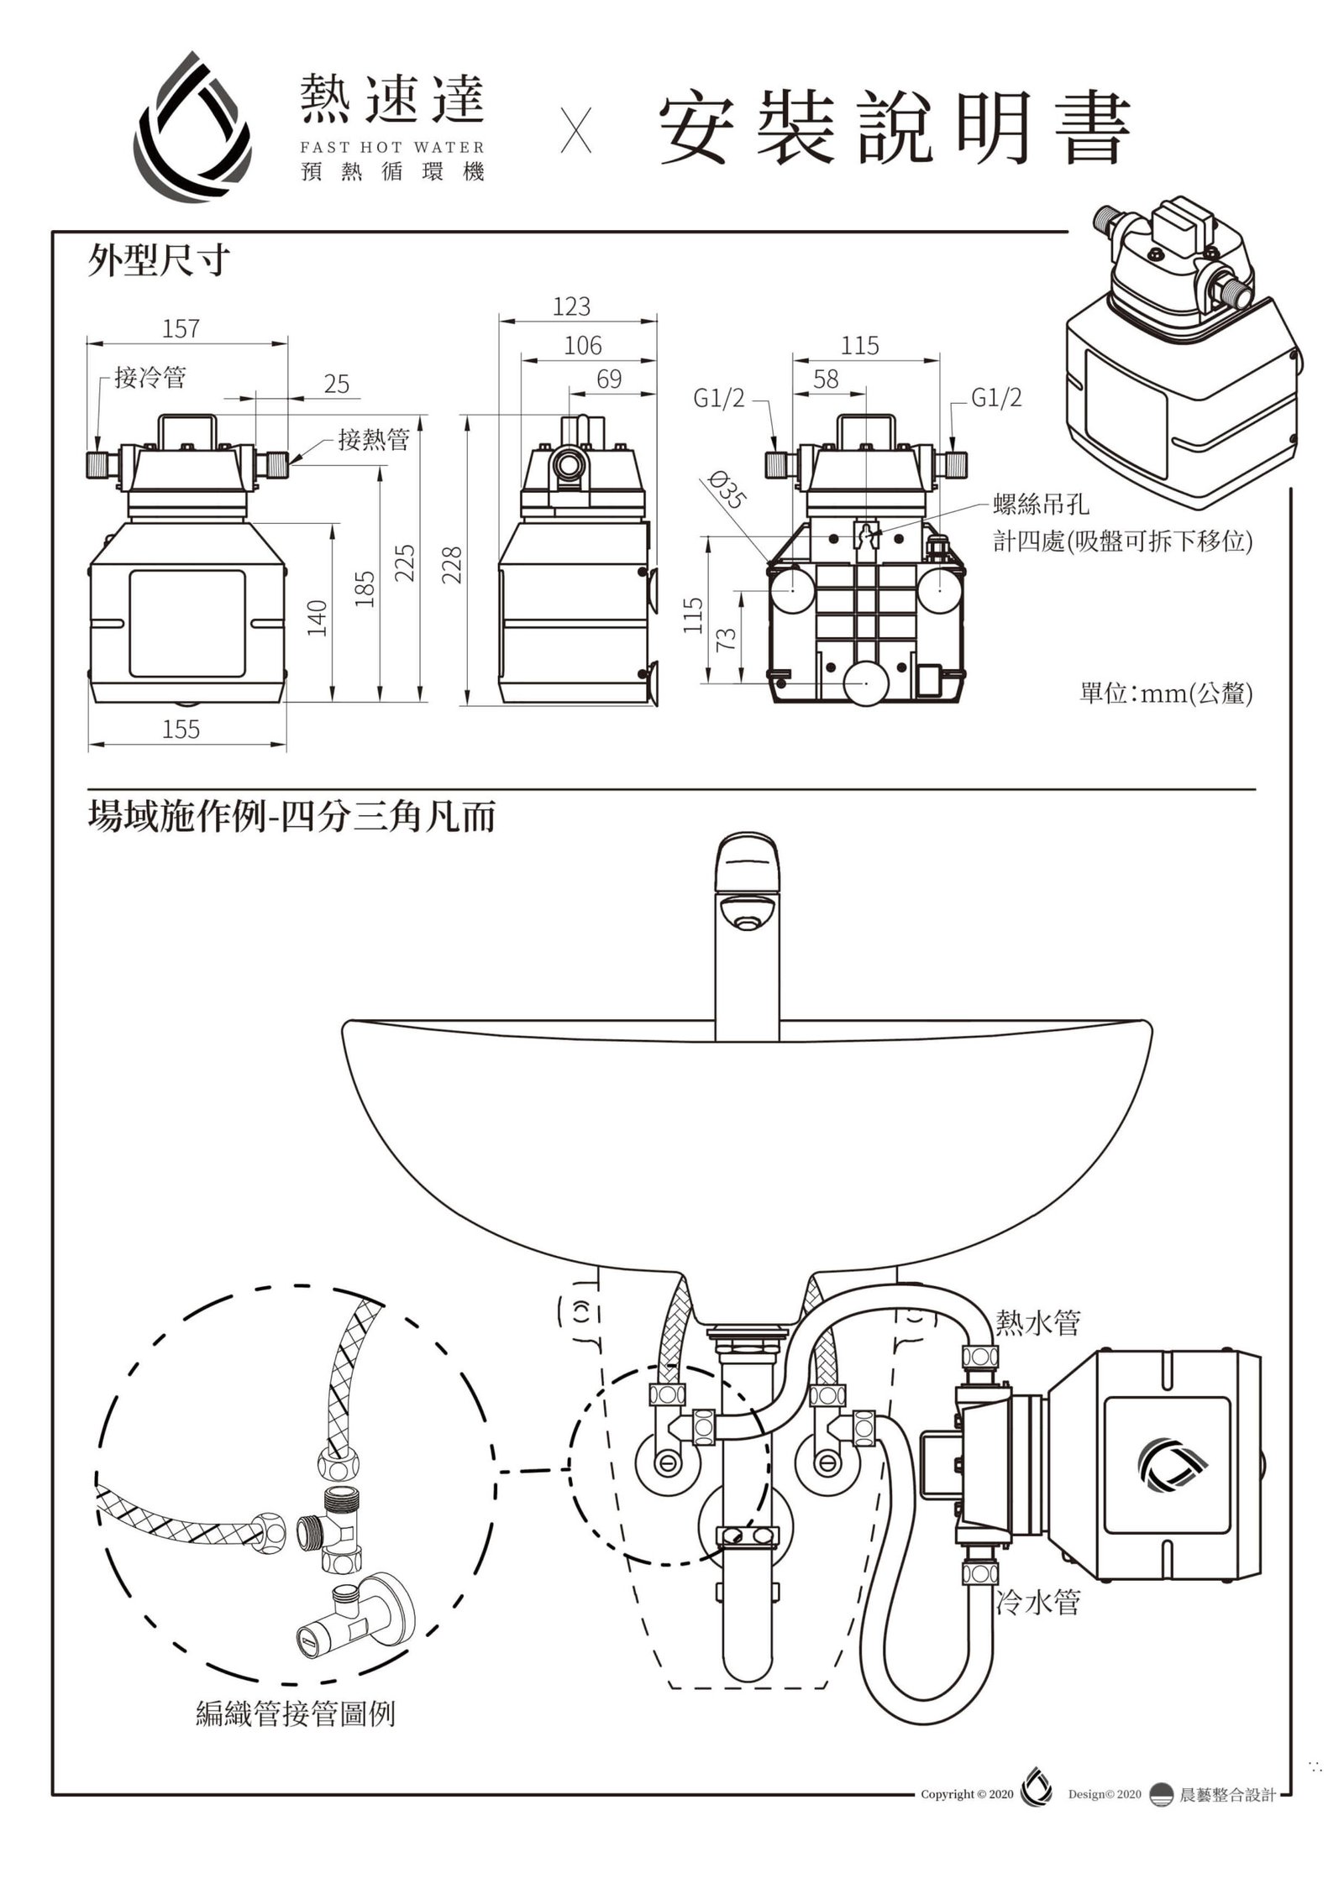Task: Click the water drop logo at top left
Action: [x=193, y=124]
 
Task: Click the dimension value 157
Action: [x=181, y=328]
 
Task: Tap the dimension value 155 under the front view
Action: [x=181, y=729]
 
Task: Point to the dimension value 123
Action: [x=571, y=306]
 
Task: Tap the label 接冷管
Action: [x=150, y=378]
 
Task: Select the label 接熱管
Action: [x=374, y=438]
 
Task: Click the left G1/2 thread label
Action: [x=719, y=398]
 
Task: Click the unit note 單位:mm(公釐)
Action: [x=1166, y=694]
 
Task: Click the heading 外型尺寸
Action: [x=158, y=261]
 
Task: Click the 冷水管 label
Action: [x=1038, y=1603]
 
